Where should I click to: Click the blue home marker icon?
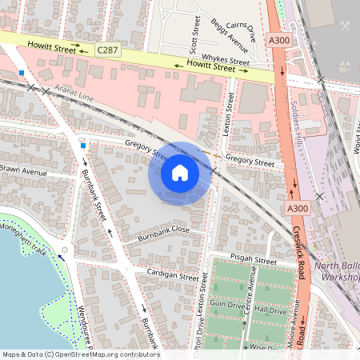(180, 173)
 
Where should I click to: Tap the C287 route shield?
(108, 50)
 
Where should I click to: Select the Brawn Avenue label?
(24, 170)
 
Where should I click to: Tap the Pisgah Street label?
(253, 261)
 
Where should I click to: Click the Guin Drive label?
(226, 305)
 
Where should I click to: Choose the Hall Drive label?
(270, 310)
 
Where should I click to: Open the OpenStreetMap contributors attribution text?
(81, 354)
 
